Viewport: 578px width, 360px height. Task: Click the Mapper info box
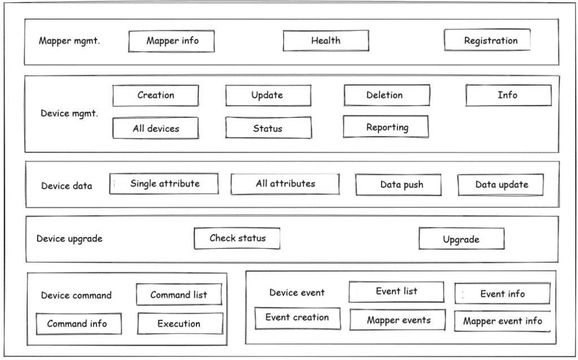click(172, 41)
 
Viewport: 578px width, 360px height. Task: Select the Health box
click(326, 41)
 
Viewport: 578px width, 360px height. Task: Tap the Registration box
click(488, 40)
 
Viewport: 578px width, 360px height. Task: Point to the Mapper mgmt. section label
click(69, 41)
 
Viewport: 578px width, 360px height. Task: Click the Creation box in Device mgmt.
click(156, 95)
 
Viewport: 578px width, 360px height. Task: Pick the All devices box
click(156, 128)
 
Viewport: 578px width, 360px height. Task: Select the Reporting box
click(386, 127)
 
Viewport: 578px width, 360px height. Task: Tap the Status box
click(268, 128)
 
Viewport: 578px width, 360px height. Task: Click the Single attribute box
click(165, 183)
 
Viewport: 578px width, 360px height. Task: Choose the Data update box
click(501, 185)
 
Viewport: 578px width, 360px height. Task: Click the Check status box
click(237, 238)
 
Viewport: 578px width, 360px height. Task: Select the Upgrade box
click(461, 239)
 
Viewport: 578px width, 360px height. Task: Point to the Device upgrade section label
click(69, 239)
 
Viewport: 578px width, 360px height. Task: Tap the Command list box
click(179, 295)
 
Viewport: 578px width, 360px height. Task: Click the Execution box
click(179, 324)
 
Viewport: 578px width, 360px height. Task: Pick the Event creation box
click(297, 318)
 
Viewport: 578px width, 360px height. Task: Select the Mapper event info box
click(502, 321)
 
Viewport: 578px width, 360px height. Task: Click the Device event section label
click(297, 292)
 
